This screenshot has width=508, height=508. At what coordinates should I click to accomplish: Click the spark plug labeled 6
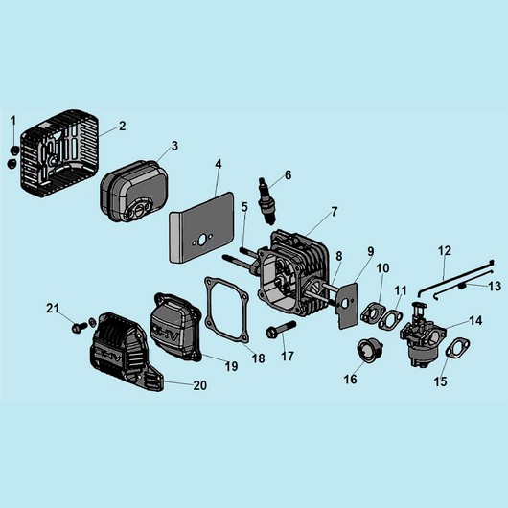[x=266, y=200]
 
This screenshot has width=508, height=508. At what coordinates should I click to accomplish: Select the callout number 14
[x=475, y=320]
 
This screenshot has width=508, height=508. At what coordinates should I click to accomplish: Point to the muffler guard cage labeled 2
[x=59, y=154]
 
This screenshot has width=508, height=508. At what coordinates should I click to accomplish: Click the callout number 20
[x=200, y=385]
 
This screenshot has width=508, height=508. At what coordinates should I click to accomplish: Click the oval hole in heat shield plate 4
[x=201, y=240]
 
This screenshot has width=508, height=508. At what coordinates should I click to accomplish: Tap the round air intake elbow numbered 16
[x=370, y=351]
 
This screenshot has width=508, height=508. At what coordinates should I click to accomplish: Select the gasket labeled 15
[x=458, y=348]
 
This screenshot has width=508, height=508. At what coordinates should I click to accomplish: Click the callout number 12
[x=444, y=251]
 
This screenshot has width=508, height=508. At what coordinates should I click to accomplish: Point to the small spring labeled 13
[x=462, y=286]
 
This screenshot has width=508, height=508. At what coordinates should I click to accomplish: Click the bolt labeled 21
[x=79, y=327]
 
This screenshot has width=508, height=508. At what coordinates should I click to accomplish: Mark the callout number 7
[x=334, y=212]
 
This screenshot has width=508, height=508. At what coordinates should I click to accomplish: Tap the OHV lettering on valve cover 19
[x=165, y=333]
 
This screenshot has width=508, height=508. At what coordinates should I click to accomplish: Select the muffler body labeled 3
[x=134, y=192]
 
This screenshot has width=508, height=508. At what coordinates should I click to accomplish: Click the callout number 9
[x=370, y=251]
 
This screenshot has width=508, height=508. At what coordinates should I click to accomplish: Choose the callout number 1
[x=13, y=121]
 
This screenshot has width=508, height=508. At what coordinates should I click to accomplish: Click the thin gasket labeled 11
[x=390, y=319]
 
